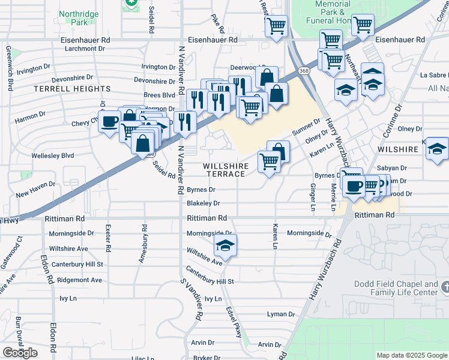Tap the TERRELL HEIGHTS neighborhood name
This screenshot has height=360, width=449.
click(x=72, y=88)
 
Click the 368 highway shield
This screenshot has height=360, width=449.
click(x=305, y=70)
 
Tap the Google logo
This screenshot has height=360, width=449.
click(x=20, y=353)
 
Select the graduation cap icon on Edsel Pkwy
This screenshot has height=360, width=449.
click(x=225, y=246)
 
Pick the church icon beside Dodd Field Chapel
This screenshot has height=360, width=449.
click(x=444, y=288)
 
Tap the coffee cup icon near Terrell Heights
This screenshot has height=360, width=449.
click(x=109, y=122)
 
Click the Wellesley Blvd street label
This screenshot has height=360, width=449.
click(x=53, y=155)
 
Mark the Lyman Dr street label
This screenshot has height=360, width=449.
click(x=280, y=314)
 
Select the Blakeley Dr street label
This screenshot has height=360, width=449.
click(x=203, y=204)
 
